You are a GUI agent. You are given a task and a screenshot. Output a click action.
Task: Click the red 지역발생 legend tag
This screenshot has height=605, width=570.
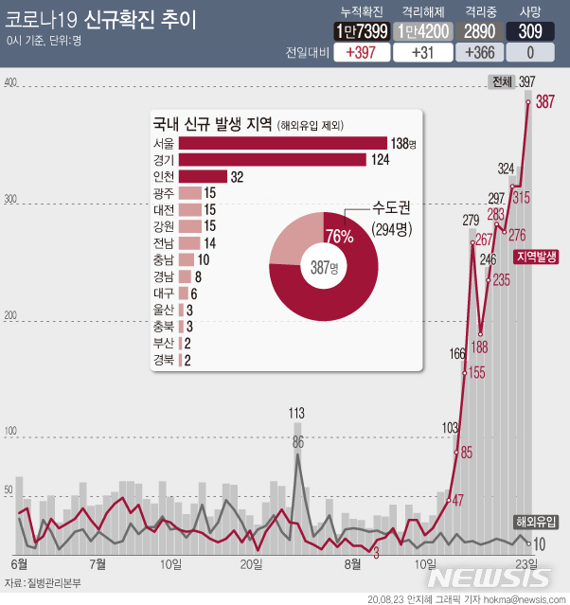pos(537,257)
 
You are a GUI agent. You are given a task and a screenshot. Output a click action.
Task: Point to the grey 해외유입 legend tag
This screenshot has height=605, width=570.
pos(536,522)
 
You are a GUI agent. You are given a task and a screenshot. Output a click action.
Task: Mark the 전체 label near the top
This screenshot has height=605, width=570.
pos(502,82)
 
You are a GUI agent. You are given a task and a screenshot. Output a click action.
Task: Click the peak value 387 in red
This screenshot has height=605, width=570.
pos(545,102)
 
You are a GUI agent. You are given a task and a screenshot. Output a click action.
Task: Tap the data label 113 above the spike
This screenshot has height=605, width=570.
pos(296,413)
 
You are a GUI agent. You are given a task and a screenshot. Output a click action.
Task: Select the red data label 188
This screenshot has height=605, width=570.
pos(480,347)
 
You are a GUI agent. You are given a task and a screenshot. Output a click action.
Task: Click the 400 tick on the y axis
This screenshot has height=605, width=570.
pos(11,83)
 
